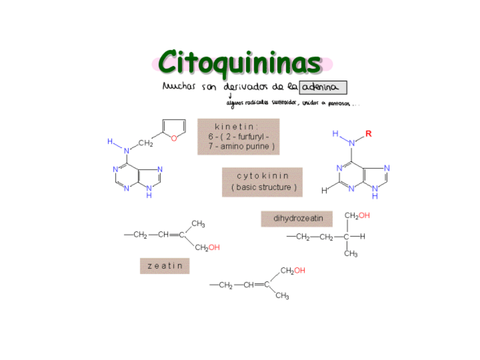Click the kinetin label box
tap(238, 136)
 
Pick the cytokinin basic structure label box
tap(263, 182)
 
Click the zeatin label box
tap(165, 265)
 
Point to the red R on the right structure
tap(368, 134)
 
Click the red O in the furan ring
tap(174, 138)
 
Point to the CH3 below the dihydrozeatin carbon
tap(351, 254)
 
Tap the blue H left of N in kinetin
tap(111, 142)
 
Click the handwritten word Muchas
tap(178, 87)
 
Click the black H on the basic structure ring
tap(324, 191)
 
